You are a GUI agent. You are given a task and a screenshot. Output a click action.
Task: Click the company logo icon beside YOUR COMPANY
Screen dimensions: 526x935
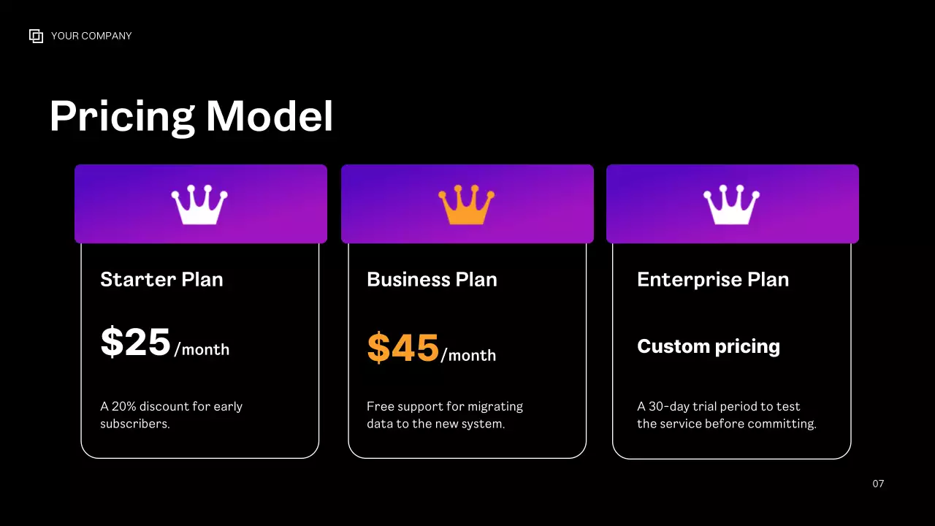coord(36,36)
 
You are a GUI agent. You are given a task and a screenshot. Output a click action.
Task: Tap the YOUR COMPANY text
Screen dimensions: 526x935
coord(91,36)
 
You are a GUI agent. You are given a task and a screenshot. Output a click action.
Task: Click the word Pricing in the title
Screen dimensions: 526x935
coord(122,116)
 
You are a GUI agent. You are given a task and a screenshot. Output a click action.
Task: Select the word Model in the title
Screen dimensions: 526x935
coord(270,116)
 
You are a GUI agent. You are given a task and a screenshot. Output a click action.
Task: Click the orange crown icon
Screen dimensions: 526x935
coord(466,205)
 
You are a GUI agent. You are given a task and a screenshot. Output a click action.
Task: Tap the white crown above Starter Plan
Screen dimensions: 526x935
coord(199,205)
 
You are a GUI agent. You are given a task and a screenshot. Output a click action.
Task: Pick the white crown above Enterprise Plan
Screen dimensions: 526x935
coord(731,205)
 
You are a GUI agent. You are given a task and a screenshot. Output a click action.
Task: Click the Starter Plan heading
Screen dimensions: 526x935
coord(161,280)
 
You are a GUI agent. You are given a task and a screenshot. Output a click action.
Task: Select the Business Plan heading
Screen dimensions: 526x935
coord(432,280)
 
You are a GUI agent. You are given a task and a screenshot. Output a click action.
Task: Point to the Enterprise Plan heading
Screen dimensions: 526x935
coord(713,280)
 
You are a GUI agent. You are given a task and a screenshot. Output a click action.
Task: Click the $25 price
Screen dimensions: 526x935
coord(136,343)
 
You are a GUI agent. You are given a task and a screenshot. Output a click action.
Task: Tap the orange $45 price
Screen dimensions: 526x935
coord(403,348)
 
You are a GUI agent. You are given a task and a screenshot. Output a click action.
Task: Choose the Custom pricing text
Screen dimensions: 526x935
coord(709,346)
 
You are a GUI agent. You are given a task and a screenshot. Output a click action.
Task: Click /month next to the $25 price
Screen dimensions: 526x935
coord(202,350)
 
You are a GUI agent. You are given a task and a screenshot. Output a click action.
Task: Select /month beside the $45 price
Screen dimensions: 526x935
coord(468,356)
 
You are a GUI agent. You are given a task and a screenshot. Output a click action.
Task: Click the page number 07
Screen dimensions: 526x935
coord(878,484)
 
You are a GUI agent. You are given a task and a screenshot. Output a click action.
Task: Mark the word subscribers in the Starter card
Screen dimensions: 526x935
coord(134,424)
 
